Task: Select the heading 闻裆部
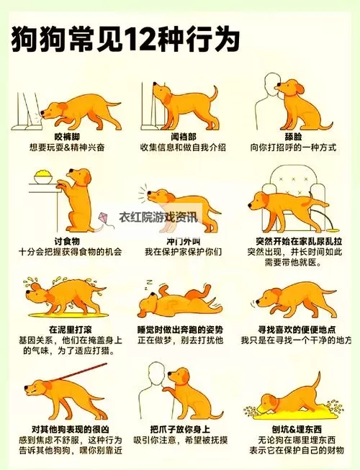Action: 183,137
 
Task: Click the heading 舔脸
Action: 293,137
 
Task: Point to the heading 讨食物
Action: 67,240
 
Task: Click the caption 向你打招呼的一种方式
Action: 294,148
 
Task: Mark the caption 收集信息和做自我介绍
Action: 183,148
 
